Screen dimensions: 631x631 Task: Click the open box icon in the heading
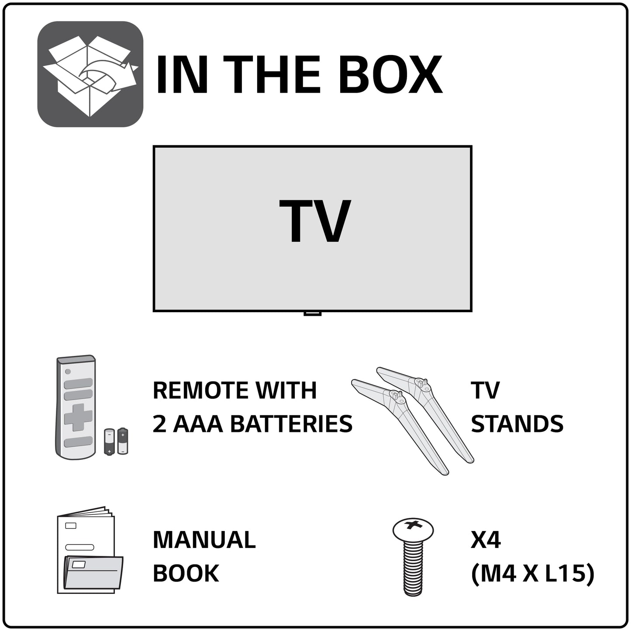[90, 74]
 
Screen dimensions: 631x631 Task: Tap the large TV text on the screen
[314, 221]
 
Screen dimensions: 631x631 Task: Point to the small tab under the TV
[312, 313]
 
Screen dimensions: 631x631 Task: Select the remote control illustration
[76, 407]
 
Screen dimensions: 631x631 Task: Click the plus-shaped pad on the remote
[78, 417]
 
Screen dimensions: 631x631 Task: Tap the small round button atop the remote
[67, 372]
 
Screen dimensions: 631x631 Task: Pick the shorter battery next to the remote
[109, 442]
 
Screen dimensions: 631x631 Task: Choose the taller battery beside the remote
[123, 441]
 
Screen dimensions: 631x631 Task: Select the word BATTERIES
[291, 424]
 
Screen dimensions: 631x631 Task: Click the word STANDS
[517, 424]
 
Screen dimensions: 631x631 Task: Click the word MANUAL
[204, 540]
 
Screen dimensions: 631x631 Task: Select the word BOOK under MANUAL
[186, 573]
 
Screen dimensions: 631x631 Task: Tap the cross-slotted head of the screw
[413, 528]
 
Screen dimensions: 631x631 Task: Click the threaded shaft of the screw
[413, 567]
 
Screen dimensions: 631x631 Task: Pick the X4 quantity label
[486, 541]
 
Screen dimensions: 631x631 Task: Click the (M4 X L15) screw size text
[533, 573]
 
